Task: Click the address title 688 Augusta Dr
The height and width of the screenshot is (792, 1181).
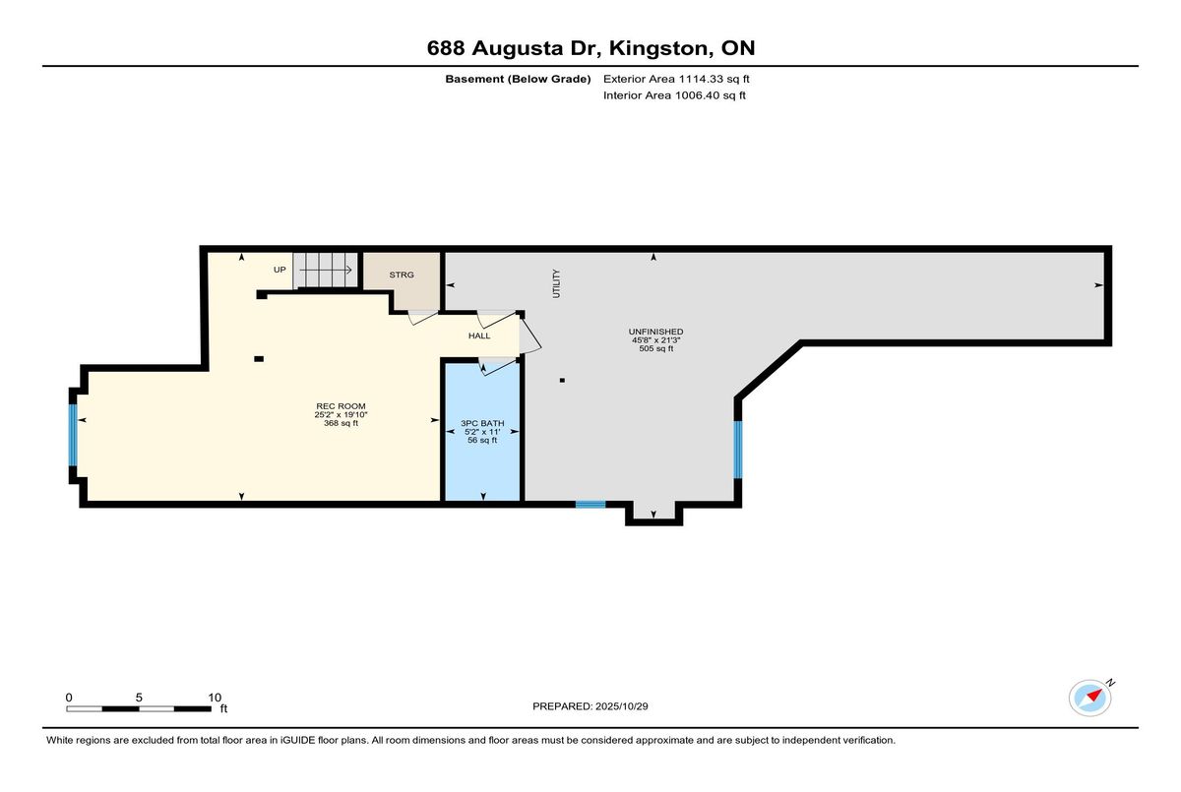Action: click(x=590, y=47)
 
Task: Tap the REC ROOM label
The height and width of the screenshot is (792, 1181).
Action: click(x=341, y=406)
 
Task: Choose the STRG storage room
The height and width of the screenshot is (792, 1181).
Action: click(x=402, y=275)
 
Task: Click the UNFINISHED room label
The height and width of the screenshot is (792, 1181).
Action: click(x=656, y=332)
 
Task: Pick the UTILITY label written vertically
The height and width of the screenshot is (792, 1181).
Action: click(x=556, y=283)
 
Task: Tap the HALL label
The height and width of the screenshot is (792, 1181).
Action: click(x=479, y=335)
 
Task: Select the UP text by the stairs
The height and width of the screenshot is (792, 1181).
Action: click(x=280, y=269)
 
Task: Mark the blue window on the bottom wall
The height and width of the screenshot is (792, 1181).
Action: click(x=590, y=505)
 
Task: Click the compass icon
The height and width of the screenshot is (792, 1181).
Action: click(x=1090, y=697)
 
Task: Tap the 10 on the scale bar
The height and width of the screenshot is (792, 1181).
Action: click(x=214, y=697)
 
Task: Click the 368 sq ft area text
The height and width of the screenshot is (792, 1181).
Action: click(x=341, y=423)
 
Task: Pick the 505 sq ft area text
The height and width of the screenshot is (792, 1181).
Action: click(x=656, y=348)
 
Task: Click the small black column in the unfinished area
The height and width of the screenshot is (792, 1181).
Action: click(x=562, y=380)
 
